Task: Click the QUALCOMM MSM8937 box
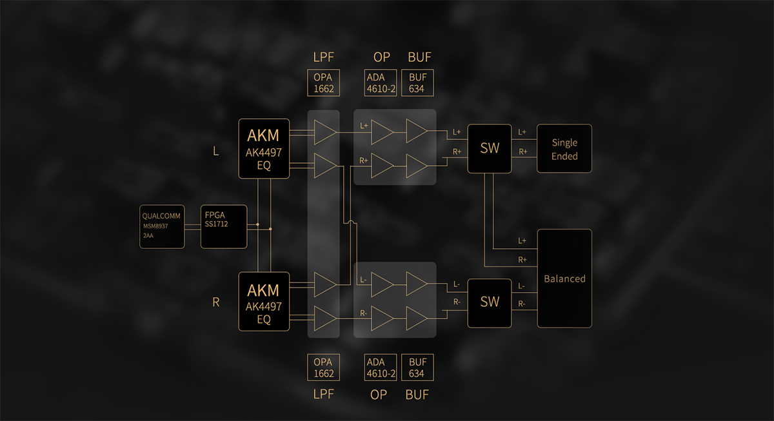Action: (163, 226)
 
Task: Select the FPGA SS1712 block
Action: (224, 226)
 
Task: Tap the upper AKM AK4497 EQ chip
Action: (264, 148)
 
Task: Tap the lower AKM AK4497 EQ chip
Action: (264, 302)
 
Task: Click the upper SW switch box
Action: (490, 148)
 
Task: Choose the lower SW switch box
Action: (490, 302)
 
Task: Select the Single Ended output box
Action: (564, 148)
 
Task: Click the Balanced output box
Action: (564, 279)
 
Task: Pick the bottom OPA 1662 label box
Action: (324, 367)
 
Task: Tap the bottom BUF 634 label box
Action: (417, 367)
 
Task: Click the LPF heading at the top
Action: (324, 57)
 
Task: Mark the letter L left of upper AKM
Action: (216, 152)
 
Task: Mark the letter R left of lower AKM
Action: (216, 302)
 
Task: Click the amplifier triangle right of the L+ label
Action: (382, 132)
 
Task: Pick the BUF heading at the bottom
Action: (417, 394)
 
